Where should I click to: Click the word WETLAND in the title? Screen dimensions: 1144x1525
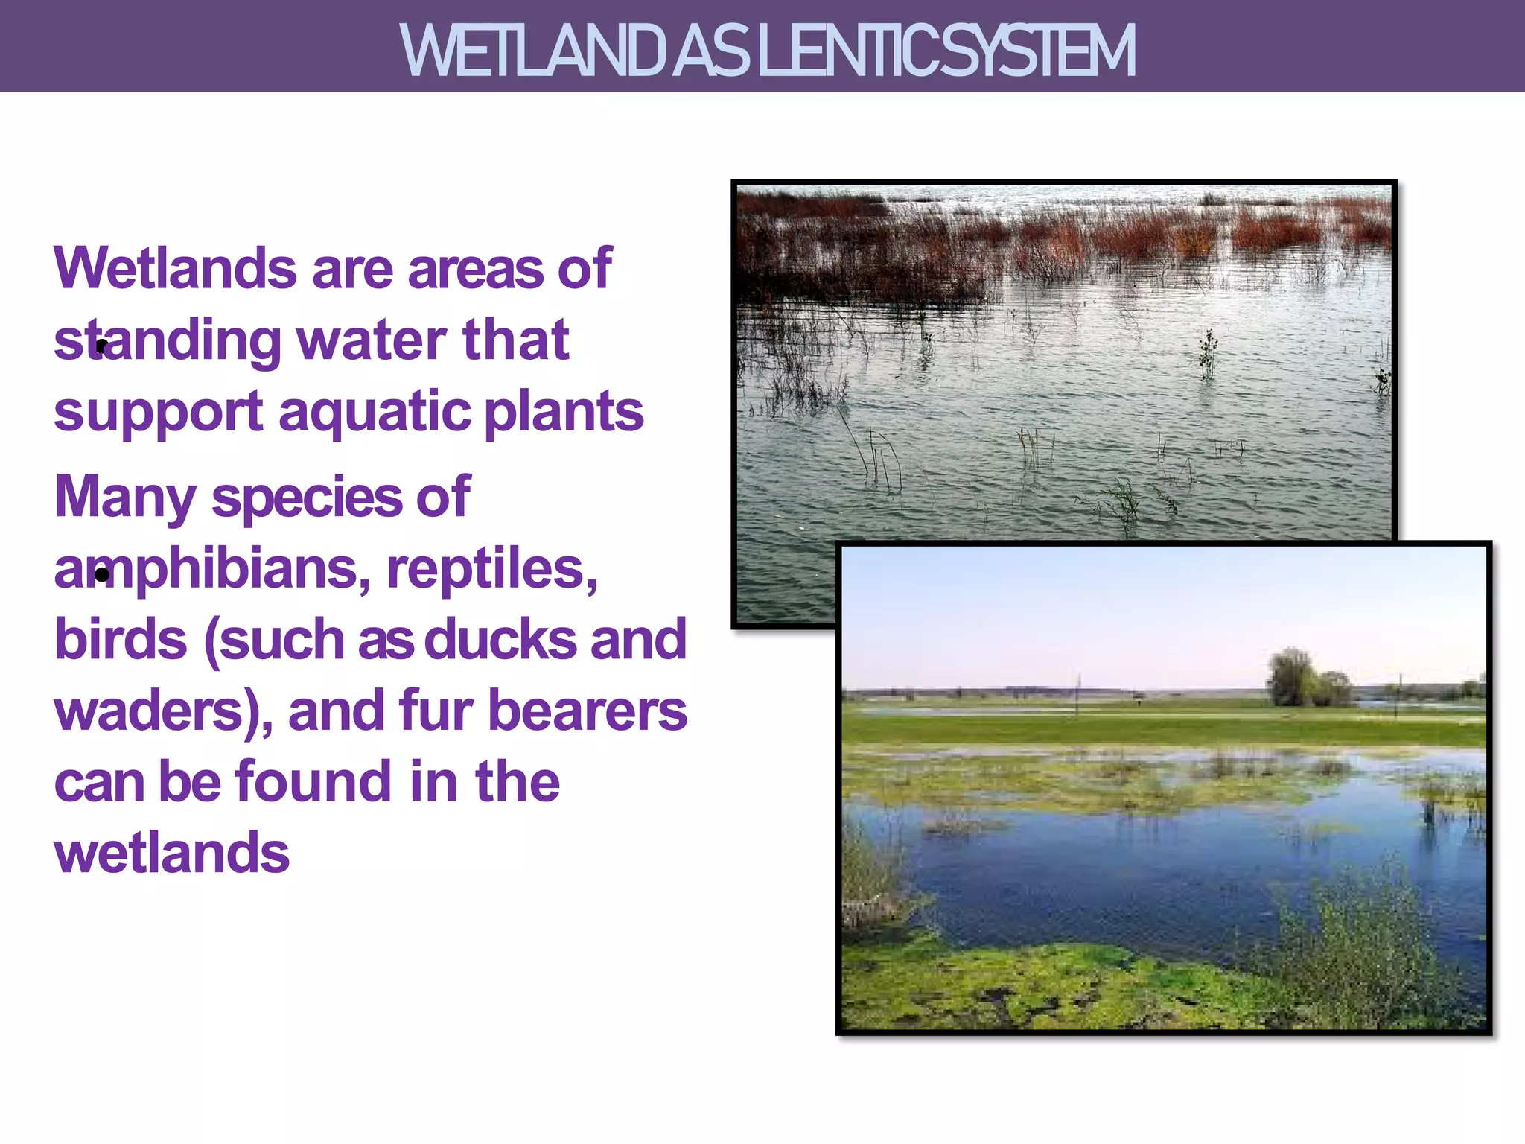tap(532, 51)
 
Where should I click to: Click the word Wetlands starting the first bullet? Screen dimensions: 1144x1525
tap(176, 268)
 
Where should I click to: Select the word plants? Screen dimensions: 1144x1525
tap(564, 412)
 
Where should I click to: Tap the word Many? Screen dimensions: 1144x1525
tap(125, 498)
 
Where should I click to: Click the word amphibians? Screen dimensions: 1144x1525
tap(212, 570)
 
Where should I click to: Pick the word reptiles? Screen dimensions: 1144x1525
tap(492, 568)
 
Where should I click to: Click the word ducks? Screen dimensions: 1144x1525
tap(500, 640)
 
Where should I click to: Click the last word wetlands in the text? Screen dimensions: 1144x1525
tap(172, 854)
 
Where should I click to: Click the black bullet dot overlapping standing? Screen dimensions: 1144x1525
tap(102, 346)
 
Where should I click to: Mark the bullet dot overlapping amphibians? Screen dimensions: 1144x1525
tap(102, 574)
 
